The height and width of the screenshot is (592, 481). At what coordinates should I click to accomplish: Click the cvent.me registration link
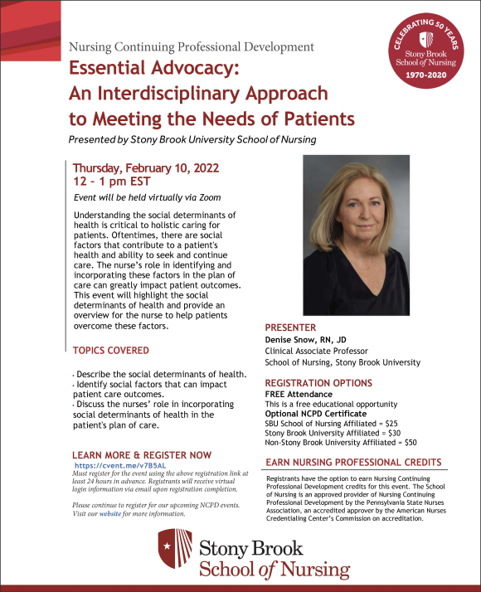108,466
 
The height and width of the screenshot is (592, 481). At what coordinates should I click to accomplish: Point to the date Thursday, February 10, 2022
145,167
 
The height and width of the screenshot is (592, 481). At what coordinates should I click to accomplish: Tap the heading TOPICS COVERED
111,351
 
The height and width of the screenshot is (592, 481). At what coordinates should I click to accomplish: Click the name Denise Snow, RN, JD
308,341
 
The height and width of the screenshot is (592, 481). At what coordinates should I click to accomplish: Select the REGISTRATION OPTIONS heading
318,383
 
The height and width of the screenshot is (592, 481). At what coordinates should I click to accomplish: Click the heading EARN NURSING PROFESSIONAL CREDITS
352,463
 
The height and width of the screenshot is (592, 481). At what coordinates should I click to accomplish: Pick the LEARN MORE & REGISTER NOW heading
142,455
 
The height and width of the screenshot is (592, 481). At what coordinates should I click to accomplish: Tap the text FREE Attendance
299,394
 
